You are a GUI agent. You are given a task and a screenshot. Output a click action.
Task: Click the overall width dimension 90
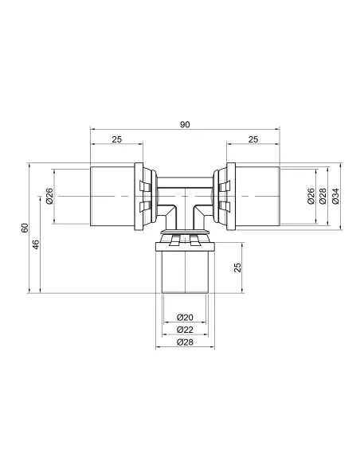point(185,124)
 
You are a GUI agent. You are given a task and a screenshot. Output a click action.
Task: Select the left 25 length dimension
point(117,139)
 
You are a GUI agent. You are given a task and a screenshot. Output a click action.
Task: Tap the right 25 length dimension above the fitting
point(253,139)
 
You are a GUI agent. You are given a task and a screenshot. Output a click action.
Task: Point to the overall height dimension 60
point(25,228)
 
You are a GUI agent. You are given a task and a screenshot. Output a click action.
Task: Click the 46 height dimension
point(36,244)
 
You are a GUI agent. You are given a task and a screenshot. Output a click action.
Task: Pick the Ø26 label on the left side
point(49,196)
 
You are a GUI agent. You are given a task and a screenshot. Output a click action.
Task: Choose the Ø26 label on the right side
point(311,196)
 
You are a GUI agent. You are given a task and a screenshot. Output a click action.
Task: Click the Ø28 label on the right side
point(323,196)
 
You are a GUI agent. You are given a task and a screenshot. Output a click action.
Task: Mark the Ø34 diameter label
point(335,196)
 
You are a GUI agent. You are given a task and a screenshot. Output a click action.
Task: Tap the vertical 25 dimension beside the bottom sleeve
point(237,268)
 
